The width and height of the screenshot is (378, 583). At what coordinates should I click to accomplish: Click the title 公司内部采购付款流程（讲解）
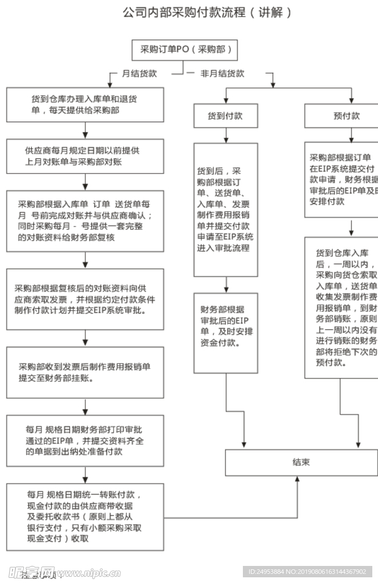tap(208, 13)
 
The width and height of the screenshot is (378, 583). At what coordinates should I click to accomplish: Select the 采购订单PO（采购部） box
tap(185, 50)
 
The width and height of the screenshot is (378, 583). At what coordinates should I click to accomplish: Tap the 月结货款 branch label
tap(139, 74)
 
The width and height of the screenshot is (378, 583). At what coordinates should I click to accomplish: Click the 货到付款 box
tap(226, 116)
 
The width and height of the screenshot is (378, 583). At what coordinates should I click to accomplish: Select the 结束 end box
tap(302, 462)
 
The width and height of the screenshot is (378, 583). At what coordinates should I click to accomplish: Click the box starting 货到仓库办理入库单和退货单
tap(85, 105)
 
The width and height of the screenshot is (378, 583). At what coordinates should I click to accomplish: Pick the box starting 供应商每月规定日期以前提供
tap(85, 157)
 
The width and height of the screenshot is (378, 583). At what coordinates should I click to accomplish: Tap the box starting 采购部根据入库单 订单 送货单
tap(85, 221)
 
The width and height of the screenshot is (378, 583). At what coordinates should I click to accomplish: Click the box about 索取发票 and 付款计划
tap(85, 299)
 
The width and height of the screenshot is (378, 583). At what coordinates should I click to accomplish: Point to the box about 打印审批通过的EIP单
tap(85, 441)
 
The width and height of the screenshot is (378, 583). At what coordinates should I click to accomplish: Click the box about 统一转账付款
tap(85, 516)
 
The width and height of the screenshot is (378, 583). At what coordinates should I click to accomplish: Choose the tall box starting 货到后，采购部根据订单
tap(226, 210)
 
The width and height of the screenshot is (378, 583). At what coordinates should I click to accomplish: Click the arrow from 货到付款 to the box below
tap(226, 136)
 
